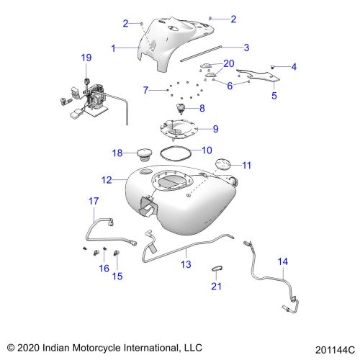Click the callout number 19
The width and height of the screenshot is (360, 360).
point(86,58)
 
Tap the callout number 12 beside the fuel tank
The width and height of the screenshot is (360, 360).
point(107,180)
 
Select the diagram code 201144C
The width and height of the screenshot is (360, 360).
point(335,350)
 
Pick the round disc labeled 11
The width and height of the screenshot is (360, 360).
point(223,164)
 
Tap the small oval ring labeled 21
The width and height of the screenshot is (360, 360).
point(217,268)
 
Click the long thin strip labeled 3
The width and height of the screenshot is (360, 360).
point(201,53)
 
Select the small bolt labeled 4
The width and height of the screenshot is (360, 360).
point(272,68)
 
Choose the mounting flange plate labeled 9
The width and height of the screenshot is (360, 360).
point(179,130)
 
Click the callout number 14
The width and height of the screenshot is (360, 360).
point(283,261)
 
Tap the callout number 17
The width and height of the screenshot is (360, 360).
point(94,201)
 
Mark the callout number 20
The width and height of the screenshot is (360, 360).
point(229,63)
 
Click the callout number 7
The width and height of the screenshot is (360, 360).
point(145,90)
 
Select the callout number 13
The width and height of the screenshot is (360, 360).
point(186,264)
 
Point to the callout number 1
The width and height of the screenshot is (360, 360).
point(114,48)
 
